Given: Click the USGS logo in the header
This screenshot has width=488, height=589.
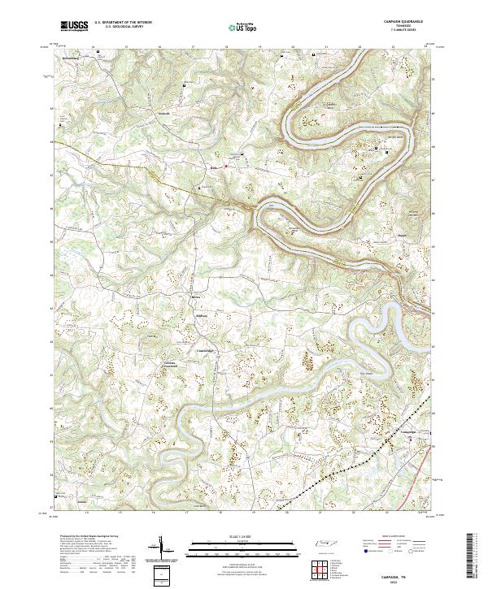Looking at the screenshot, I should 73,27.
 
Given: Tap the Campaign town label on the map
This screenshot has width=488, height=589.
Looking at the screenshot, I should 407,431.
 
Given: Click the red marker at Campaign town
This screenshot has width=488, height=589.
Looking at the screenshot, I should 416,440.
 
